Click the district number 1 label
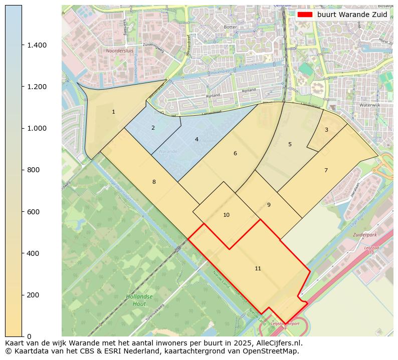(113, 112)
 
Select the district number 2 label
(153, 128)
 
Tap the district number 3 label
(326, 130)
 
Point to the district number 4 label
(196, 139)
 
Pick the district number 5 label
(290, 144)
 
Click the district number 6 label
(235, 153)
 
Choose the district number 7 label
(326, 170)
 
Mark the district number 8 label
(154, 182)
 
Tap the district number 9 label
(269, 205)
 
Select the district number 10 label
(226, 215)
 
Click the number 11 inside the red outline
(258, 268)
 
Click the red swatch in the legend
(305, 15)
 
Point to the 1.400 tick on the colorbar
(37, 45)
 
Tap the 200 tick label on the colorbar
(33, 295)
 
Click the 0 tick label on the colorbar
(29, 336)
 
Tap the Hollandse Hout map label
(136, 300)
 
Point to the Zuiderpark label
(364, 234)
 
